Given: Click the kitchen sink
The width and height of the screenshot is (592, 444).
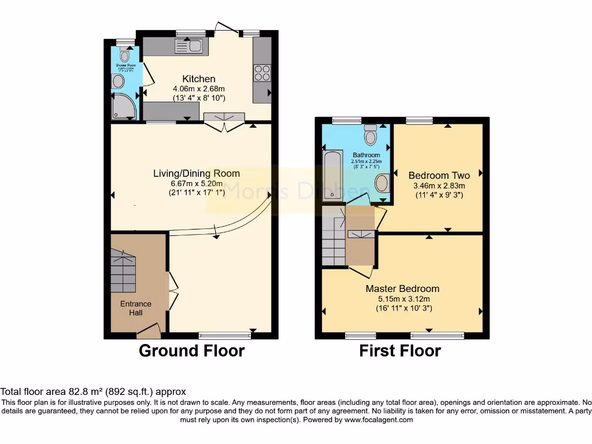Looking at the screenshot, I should tap(189, 46).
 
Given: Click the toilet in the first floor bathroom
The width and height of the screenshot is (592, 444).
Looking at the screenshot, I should tap(371, 135).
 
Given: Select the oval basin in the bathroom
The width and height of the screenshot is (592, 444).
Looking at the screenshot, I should tap(382, 184).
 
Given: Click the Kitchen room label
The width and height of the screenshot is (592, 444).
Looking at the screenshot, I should tap(199, 79).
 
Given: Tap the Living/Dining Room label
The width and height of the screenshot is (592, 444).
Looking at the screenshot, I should tap(196, 173).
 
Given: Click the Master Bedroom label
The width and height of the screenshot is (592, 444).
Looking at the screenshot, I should tap(402, 288).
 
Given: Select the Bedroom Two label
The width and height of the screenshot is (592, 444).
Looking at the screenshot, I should tap(439, 175).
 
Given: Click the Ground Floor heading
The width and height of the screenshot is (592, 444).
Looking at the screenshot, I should tap(191, 350).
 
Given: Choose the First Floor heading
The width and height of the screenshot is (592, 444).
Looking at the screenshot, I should tap(400, 350).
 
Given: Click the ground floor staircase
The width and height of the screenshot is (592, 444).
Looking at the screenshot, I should tap(123, 271).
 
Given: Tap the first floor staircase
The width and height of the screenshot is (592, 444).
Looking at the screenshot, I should tap(333, 238).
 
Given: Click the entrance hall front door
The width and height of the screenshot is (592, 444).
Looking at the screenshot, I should tap(149, 332).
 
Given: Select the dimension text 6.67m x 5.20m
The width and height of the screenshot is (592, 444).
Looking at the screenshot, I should tap(196, 183).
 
